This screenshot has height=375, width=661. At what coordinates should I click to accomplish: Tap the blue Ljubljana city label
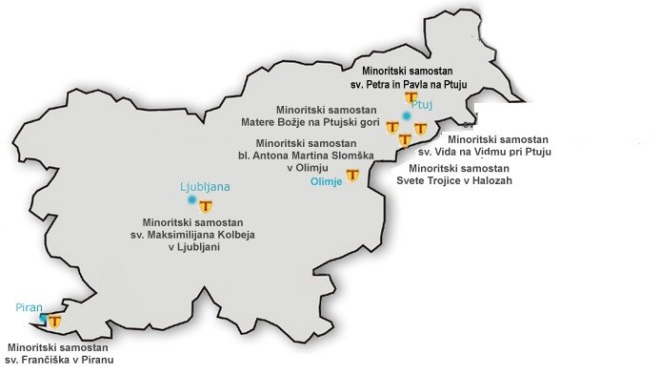(206, 187)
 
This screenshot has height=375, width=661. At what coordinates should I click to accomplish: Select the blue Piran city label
(30, 307)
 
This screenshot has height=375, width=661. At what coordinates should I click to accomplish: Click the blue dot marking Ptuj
(407, 116)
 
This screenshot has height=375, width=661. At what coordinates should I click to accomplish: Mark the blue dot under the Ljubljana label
(192, 200)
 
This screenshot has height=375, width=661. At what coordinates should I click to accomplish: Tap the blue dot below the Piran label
(44, 318)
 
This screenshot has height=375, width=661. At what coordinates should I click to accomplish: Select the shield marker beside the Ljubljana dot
(206, 204)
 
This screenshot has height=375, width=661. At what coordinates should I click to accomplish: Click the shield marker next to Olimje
(353, 176)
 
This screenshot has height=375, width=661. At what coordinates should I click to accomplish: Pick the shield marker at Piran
(55, 322)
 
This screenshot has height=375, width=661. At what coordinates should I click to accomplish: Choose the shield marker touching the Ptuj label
(411, 97)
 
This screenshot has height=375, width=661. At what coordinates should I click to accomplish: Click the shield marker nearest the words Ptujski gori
(392, 127)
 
